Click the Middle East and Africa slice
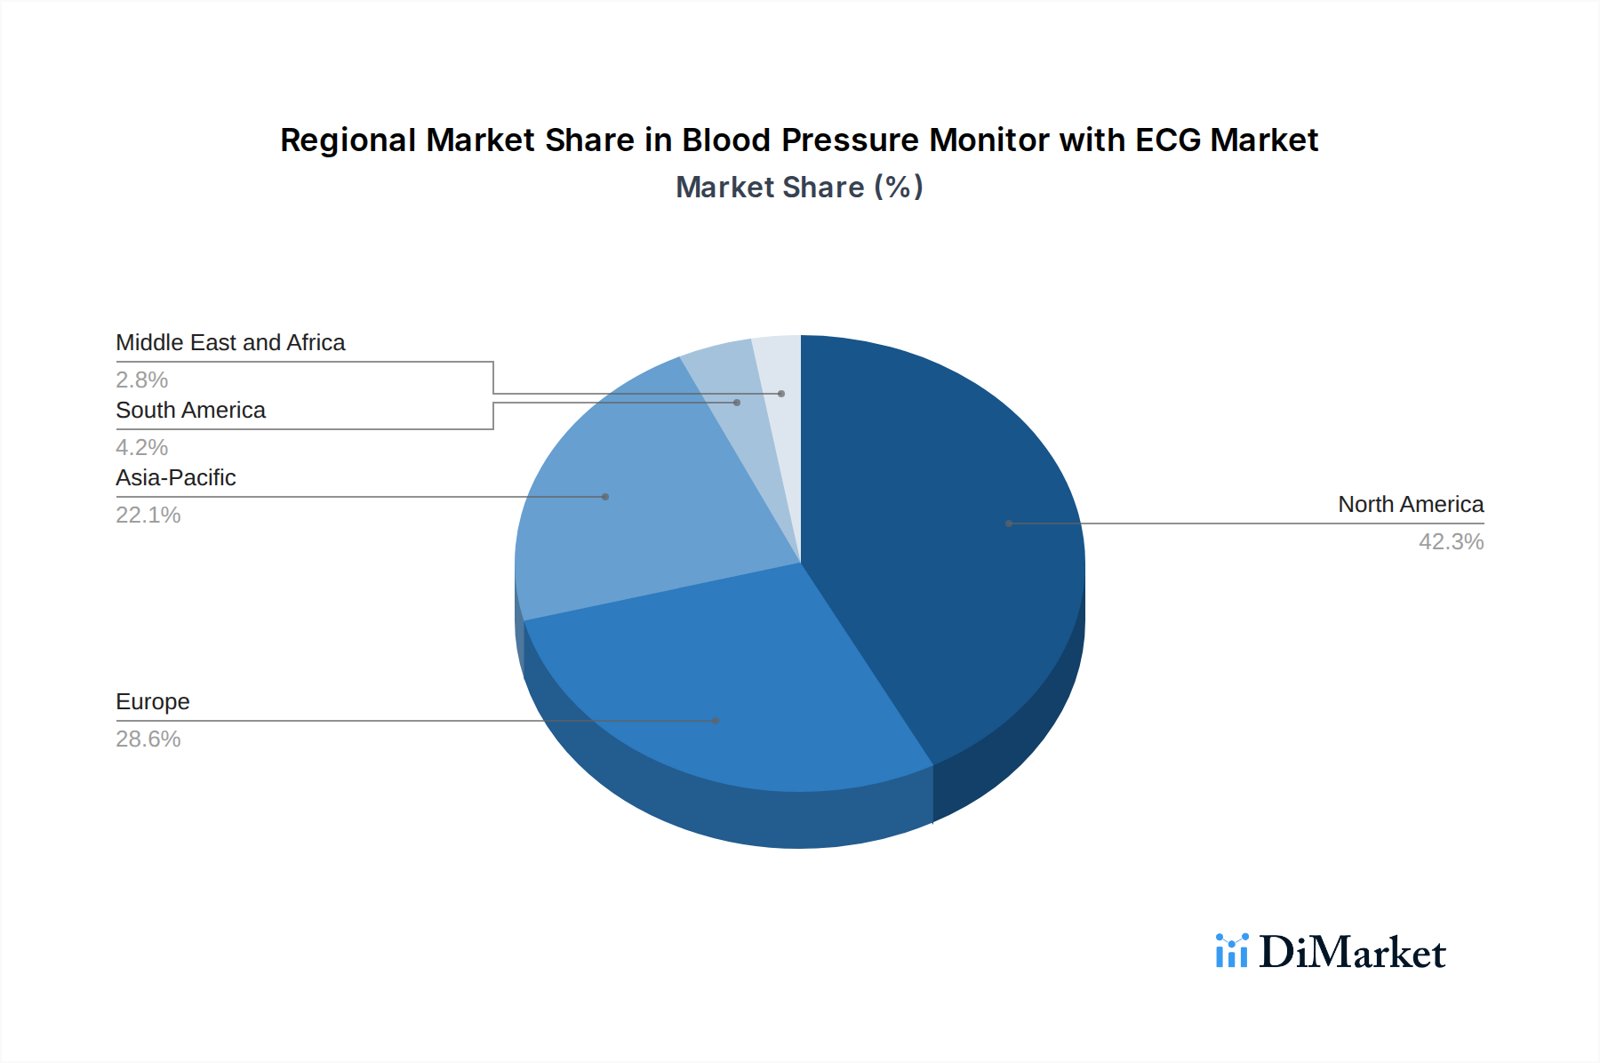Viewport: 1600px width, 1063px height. point(779,373)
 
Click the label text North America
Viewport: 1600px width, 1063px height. point(1410,505)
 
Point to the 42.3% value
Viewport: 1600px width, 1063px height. point(1451,542)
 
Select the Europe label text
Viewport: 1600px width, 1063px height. point(153,702)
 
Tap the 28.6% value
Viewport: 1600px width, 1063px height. point(148,739)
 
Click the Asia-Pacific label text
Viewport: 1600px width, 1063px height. point(176,478)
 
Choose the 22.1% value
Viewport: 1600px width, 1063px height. point(148,516)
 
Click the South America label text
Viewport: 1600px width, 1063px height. point(190,411)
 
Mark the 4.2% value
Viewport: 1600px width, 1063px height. point(142,448)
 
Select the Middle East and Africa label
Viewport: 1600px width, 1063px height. point(230,343)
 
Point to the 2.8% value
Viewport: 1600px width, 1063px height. point(142,380)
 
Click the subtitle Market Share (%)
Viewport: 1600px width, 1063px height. point(799,188)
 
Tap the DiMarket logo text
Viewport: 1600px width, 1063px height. point(1352,953)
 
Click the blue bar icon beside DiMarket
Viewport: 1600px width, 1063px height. point(1231,951)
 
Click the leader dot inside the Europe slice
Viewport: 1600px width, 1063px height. point(716,721)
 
